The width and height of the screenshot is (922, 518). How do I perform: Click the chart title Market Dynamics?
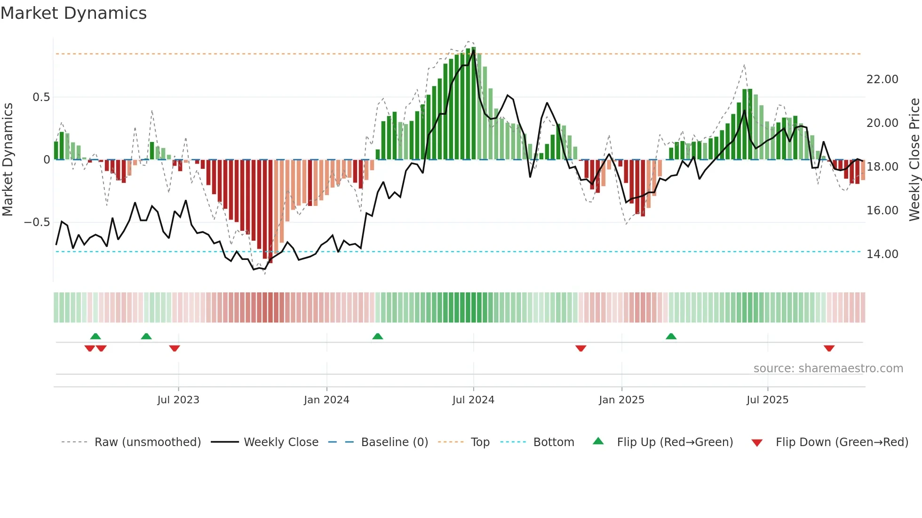(x=73, y=13)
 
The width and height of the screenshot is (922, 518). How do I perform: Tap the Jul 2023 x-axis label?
(x=178, y=400)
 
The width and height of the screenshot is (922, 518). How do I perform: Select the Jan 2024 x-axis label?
(x=326, y=400)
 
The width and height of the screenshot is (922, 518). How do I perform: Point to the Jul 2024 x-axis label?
(x=473, y=400)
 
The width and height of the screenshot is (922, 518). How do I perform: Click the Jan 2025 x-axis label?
(x=621, y=400)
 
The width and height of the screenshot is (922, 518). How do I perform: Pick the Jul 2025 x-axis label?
(x=767, y=400)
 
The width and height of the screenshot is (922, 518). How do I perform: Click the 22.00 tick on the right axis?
(x=882, y=79)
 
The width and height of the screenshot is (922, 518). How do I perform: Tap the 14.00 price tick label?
(x=882, y=254)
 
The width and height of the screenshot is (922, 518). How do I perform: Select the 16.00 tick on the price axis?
(x=882, y=211)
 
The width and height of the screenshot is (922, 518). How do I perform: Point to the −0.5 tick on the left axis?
(x=37, y=222)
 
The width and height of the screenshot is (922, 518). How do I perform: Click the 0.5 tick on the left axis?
(x=41, y=97)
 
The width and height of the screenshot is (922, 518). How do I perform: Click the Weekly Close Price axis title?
(x=914, y=159)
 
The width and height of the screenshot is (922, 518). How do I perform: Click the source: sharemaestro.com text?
(x=828, y=369)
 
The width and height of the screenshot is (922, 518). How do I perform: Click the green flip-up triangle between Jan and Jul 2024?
(x=377, y=336)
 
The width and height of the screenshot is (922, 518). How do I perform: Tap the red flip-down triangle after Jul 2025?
(x=829, y=348)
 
